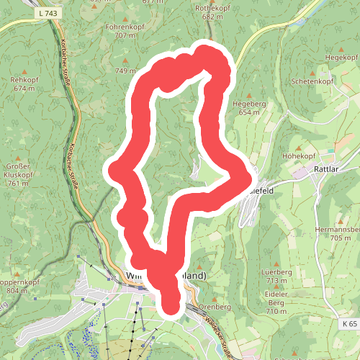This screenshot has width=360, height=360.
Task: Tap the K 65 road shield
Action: click(350, 325)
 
